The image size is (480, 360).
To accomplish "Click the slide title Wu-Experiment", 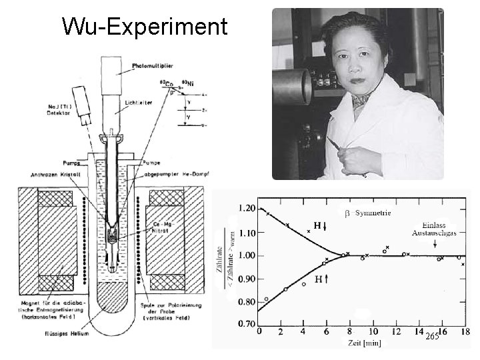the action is coord(144,27).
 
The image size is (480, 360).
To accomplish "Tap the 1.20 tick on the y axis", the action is coord(247,209).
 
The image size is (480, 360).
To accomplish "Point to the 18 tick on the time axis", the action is coord(464,332).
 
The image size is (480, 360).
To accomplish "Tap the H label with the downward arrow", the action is coord(317,225).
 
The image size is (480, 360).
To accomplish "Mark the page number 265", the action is coord(432,337).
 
